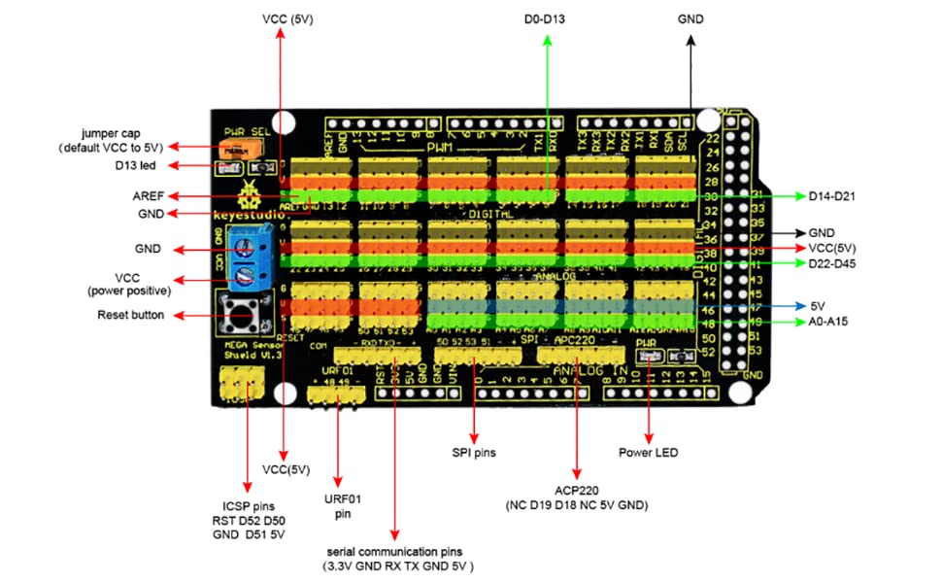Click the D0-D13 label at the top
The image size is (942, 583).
click(x=548, y=18)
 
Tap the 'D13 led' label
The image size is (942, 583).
click(x=134, y=165)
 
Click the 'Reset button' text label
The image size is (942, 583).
click(x=130, y=315)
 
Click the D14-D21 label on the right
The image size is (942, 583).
click(x=836, y=196)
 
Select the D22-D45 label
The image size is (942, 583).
click(x=836, y=263)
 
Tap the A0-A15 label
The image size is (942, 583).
click(x=828, y=322)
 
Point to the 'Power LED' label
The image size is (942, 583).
click(x=648, y=452)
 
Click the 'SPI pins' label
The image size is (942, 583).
click(x=474, y=452)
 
